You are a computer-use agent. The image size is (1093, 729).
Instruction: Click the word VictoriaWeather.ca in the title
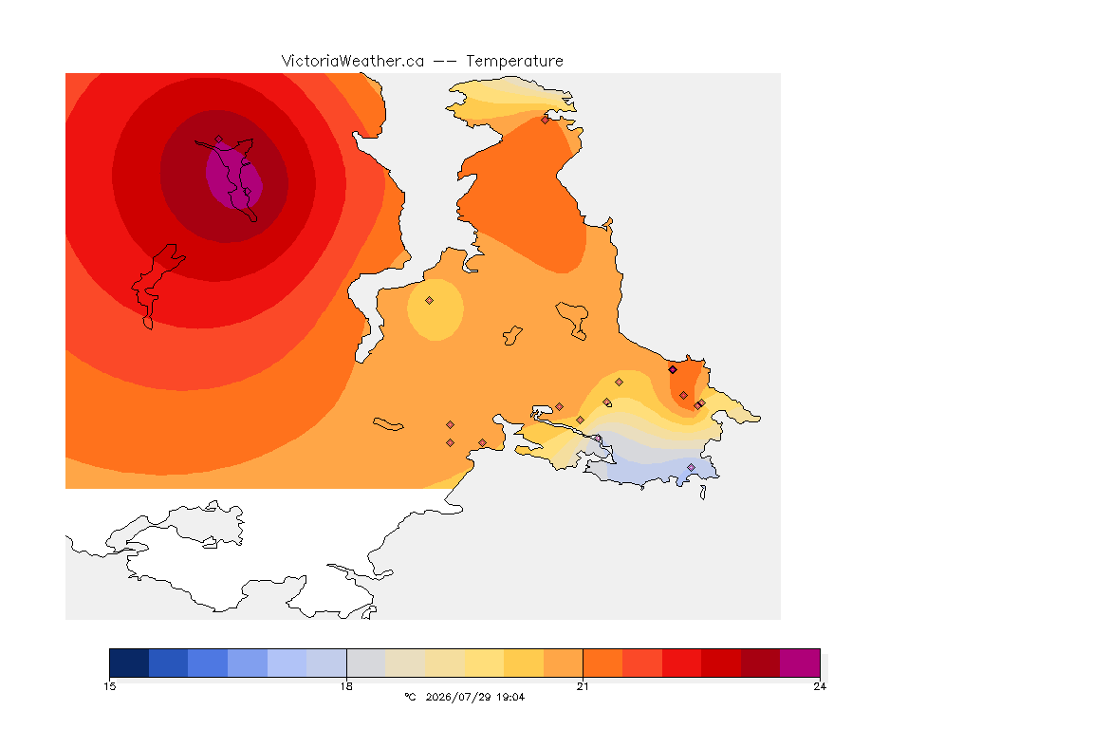pos(353,62)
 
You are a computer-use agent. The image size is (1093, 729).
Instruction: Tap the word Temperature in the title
pos(514,62)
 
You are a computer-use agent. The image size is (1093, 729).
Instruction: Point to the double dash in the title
pos(445,62)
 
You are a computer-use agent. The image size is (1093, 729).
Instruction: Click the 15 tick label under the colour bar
pos(110,686)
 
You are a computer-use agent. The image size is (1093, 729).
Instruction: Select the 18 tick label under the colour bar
pos(346,686)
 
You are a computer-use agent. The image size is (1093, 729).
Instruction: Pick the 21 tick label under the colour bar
pos(583,686)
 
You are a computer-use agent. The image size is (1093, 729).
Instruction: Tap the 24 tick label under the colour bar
pos(820,686)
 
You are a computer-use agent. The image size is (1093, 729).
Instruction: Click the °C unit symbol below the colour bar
pos(410,697)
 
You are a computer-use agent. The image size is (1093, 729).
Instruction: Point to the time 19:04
pos(510,697)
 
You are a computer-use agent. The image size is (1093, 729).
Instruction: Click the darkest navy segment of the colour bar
pos(129,663)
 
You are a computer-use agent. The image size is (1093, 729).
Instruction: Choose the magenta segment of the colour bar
pos(800,663)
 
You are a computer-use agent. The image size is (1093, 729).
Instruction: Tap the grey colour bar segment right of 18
pos(366,663)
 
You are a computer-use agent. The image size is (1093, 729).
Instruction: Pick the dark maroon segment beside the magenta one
pos(761,663)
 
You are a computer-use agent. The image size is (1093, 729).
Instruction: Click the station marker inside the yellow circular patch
pos(430,301)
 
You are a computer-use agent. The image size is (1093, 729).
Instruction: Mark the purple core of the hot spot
pos(234,175)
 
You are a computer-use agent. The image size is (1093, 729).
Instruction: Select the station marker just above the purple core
pos(219,140)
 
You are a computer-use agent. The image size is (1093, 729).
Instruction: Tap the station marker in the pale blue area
pos(692,467)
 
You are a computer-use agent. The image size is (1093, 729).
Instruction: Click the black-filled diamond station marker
pos(673,370)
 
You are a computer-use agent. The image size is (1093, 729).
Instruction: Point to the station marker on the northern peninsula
pos(546,120)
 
